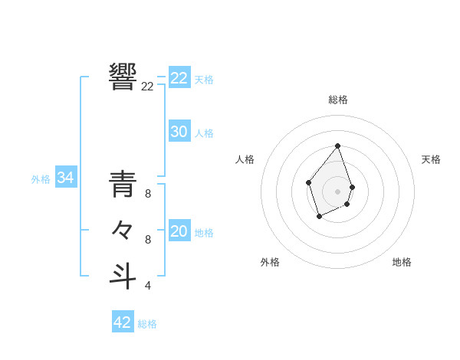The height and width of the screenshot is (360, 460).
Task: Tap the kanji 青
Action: (123, 184)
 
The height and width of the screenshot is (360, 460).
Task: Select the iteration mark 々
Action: (123, 229)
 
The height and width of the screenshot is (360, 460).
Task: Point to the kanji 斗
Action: (123, 275)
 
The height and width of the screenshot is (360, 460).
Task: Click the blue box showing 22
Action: (179, 78)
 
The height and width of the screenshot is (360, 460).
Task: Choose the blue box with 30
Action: (179, 132)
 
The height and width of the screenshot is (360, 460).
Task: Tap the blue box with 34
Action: (66, 178)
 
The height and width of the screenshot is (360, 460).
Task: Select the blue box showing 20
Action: (179, 231)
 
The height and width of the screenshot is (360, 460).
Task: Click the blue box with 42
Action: (123, 322)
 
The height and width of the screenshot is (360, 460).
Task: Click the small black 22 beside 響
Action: (147, 87)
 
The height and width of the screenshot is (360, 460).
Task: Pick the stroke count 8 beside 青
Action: (148, 195)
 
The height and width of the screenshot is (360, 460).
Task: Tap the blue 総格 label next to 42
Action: (147, 324)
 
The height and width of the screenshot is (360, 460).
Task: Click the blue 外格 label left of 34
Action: (41, 179)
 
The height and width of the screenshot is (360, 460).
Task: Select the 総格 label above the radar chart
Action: (338, 100)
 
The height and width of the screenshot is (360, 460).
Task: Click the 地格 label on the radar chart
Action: (402, 262)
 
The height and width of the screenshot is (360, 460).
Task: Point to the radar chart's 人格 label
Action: (245, 159)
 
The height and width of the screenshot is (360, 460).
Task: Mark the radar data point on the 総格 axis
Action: (338, 146)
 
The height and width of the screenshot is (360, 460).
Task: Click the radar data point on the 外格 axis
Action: (320, 217)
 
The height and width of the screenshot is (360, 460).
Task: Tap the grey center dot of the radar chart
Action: (338, 191)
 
